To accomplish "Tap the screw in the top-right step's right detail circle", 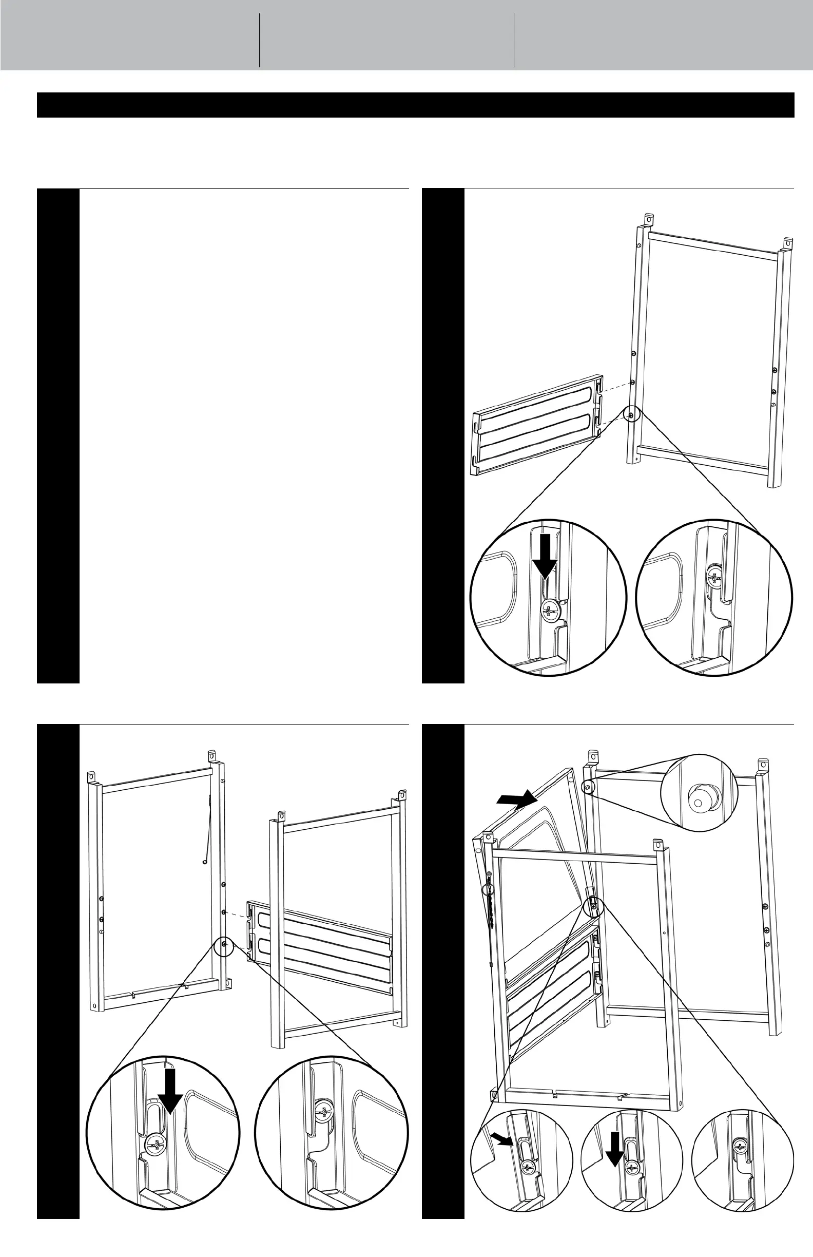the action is tap(715, 578).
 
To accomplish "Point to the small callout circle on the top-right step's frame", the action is tap(631, 414).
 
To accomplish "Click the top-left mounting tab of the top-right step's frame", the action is tap(649, 219).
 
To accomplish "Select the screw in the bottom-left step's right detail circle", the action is tap(322, 1110).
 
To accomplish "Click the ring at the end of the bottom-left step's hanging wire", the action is tap(204, 862).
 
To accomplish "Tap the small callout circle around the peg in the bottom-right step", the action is tap(588, 786).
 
